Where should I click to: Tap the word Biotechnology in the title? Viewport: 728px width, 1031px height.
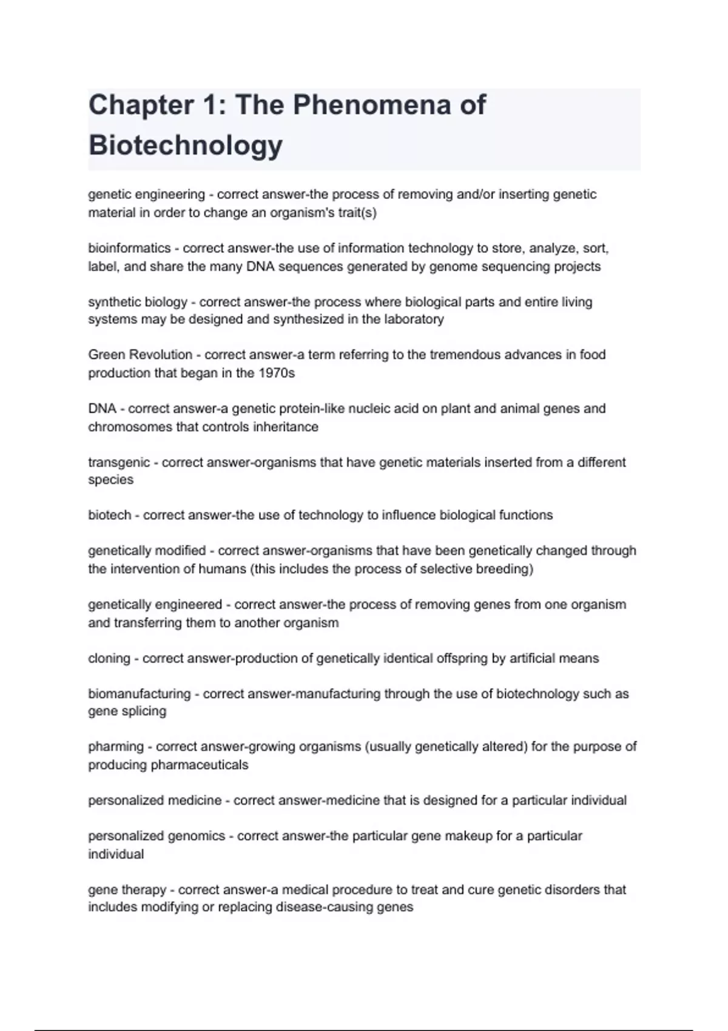tap(186, 146)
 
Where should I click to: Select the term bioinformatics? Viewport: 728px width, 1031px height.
tap(129, 248)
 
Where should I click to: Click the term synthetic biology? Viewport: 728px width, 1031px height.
tap(138, 302)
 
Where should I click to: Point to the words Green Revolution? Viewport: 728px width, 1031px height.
tap(140, 355)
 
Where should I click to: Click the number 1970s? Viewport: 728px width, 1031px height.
tap(276, 373)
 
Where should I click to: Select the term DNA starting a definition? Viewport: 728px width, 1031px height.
tap(102, 409)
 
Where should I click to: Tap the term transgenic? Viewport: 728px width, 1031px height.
tap(119, 462)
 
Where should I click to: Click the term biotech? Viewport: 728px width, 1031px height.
tap(109, 515)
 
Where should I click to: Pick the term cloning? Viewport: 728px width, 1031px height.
tap(109, 659)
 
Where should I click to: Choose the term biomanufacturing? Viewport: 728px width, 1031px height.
tap(140, 694)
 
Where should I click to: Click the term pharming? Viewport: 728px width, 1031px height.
tap(116, 747)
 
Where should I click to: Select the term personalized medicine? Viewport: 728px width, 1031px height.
tap(155, 801)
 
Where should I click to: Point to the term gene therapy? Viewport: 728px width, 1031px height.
tap(127, 890)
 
